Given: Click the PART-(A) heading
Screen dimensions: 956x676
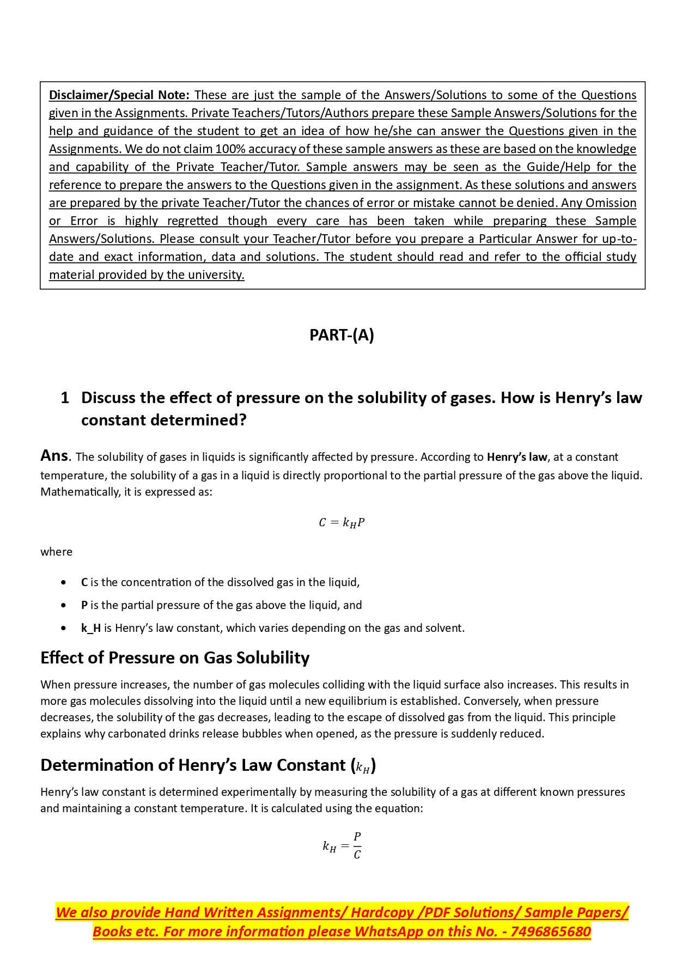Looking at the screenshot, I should click(x=342, y=334).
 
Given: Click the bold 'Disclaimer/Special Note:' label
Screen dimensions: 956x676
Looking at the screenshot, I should click(x=119, y=95).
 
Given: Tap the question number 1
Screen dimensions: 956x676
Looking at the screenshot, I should click(x=65, y=398).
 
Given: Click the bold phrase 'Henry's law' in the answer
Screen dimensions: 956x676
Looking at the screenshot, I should click(x=516, y=457).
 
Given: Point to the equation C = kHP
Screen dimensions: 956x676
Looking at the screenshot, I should click(x=342, y=522).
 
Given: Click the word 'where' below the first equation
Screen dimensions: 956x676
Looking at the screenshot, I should click(x=56, y=552).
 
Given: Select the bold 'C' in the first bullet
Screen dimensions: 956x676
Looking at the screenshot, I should click(x=84, y=582).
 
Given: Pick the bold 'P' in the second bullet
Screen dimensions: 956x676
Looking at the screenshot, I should click(x=84, y=605).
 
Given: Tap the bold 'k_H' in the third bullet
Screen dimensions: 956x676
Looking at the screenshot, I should click(x=91, y=628).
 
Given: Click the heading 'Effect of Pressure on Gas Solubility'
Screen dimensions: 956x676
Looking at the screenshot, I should click(x=175, y=658).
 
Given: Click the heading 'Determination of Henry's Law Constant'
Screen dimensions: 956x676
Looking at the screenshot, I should click(x=208, y=765).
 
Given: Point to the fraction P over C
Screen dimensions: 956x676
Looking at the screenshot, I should click(x=357, y=845).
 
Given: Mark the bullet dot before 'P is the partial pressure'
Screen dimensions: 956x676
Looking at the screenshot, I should click(x=64, y=605).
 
